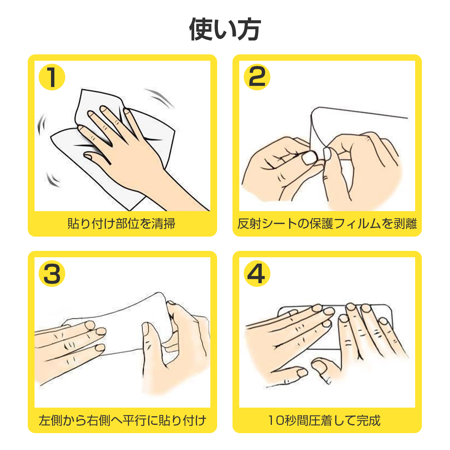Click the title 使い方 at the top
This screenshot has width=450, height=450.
[x=225, y=29]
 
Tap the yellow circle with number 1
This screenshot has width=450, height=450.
[x=52, y=77]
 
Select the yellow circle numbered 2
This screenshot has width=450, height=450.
[x=257, y=77]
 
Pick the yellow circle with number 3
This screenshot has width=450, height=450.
[x=52, y=273]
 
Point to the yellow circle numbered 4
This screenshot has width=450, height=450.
[x=257, y=273]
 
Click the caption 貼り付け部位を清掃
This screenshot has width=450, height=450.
[x=121, y=223]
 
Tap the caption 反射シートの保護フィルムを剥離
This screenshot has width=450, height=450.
[x=327, y=223]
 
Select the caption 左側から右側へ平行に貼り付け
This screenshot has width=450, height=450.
[x=122, y=420]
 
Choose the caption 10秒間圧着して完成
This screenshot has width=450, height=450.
[x=324, y=420]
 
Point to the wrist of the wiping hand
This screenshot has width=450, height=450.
[x=161, y=173]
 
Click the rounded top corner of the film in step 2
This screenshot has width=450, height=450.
[x=314, y=110]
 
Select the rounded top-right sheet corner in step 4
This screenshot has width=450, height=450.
[x=390, y=308]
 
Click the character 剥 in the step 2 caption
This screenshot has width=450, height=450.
[x=399, y=223]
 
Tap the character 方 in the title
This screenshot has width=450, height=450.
[x=249, y=29]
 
